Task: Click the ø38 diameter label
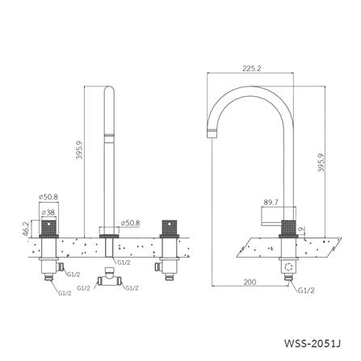[x=48, y=212]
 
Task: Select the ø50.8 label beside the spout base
[x=132, y=221]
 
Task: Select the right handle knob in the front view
[x=170, y=227]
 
